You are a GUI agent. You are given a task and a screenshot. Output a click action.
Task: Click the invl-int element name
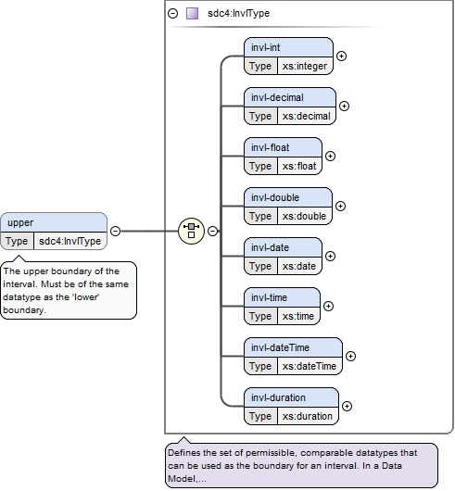[265, 47]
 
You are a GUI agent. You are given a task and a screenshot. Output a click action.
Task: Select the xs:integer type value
[304, 66]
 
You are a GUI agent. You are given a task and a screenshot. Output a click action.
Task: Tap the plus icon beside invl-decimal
[344, 107]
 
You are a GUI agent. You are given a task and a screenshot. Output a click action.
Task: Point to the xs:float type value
[299, 166]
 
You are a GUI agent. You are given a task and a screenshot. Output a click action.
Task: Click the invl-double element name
[275, 197]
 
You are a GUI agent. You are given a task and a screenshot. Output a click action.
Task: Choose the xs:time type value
[298, 316]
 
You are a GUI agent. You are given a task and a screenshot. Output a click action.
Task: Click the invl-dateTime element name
[280, 347]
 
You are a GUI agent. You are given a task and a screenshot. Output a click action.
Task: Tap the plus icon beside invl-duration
[347, 406]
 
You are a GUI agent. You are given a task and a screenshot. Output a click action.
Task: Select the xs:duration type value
[308, 416]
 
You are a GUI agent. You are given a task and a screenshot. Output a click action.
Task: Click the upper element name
[20, 222]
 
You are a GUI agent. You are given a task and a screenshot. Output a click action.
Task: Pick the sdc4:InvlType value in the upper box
[70, 241]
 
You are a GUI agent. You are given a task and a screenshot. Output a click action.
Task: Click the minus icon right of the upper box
[116, 231]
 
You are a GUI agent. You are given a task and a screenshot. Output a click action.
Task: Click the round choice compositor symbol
[191, 231]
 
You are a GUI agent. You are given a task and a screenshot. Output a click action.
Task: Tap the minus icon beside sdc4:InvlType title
[173, 14]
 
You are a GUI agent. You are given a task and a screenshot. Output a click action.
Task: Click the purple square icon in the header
[192, 14]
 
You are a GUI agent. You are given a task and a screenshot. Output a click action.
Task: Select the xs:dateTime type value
[310, 366]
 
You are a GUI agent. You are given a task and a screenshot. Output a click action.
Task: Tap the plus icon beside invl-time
[328, 307]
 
